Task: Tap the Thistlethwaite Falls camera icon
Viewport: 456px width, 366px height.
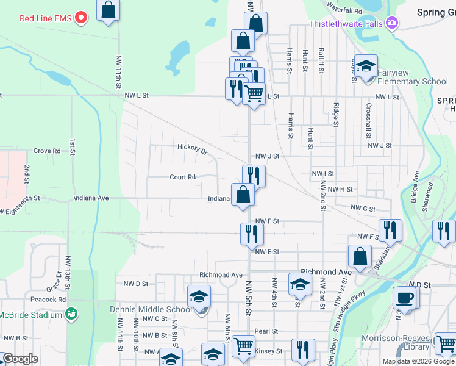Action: click(391, 23)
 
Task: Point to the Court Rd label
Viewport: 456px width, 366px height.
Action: click(182, 177)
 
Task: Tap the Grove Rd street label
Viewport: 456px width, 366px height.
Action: click(47, 151)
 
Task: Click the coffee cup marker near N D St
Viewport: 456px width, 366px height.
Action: click(406, 298)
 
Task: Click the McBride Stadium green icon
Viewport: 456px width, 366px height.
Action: click(72, 314)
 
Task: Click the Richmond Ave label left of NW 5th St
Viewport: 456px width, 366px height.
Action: click(221, 275)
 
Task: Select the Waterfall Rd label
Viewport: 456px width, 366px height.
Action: click(344, 10)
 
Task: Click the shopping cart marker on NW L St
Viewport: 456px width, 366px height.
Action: click(253, 93)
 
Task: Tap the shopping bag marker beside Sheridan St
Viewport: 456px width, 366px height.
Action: click(360, 257)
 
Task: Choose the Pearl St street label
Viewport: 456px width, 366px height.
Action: click(266, 331)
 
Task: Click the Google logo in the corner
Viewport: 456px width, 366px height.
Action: click(20, 359)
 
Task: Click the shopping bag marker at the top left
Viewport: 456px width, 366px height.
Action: click(108, 10)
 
